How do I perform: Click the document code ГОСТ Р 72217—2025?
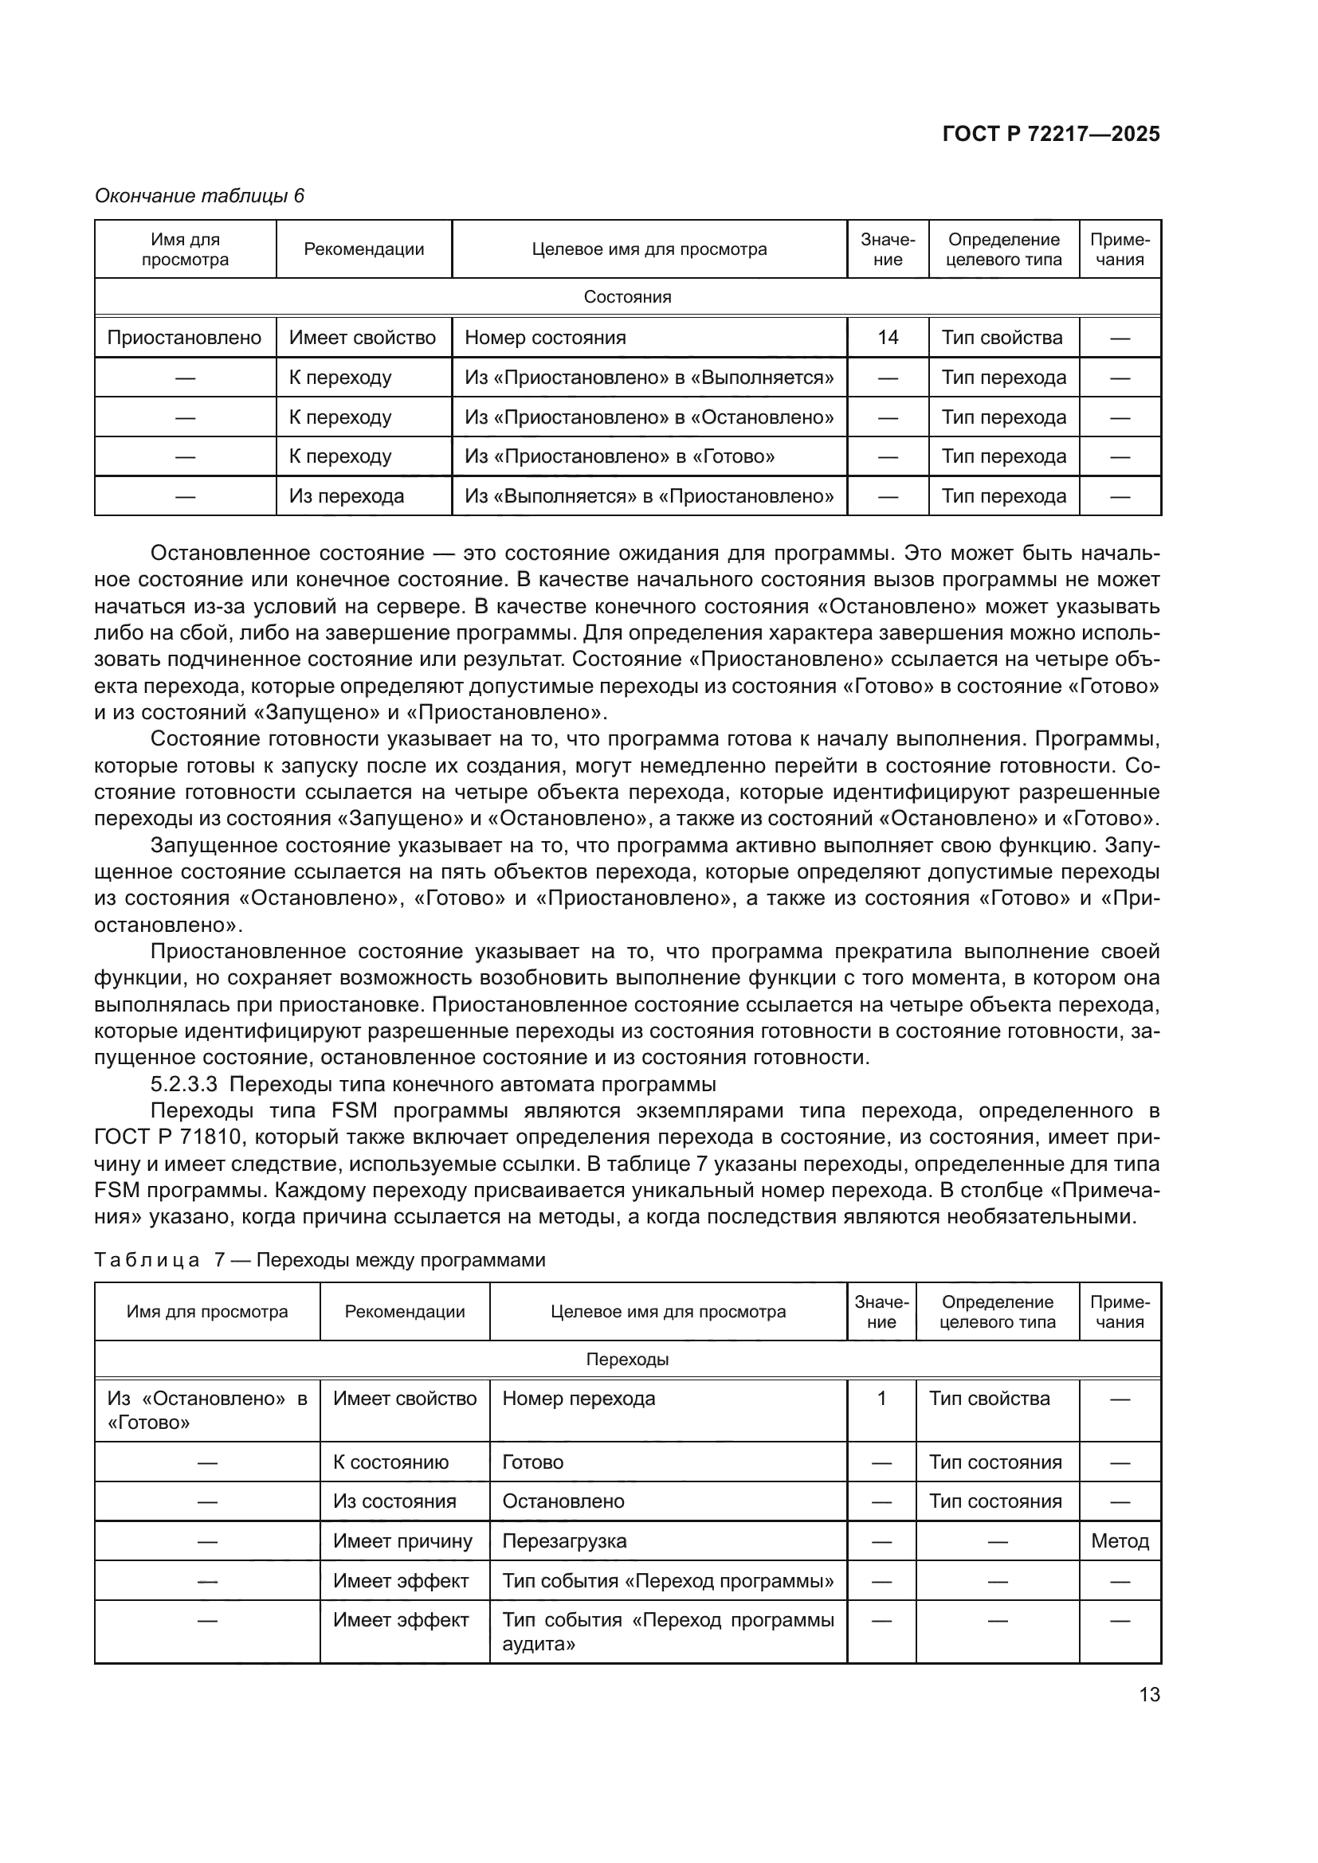[x=1050, y=135]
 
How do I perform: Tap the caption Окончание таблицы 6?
[x=200, y=196]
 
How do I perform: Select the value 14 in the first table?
[x=887, y=338]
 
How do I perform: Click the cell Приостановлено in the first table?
[x=184, y=338]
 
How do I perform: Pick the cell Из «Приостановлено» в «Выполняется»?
[x=649, y=378]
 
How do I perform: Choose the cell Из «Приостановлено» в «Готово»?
[x=619, y=456]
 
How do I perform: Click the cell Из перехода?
[x=347, y=495]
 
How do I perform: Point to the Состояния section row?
[x=627, y=297]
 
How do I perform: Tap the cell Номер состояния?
[x=545, y=338]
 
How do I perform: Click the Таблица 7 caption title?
[x=320, y=1259]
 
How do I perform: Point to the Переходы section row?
[x=627, y=1359]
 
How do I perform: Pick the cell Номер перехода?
[x=579, y=1398]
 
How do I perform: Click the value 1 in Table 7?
[x=881, y=1398]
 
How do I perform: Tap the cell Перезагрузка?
[x=564, y=1541]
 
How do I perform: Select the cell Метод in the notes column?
[x=1119, y=1541]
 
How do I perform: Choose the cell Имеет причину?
[x=402, y=1541]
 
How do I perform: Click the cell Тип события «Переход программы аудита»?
[x=667, y=1632]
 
